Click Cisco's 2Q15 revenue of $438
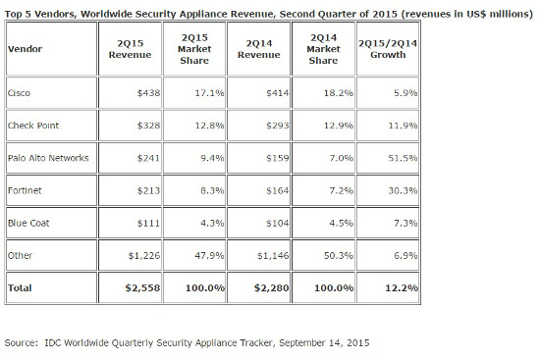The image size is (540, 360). click(143, 92)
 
